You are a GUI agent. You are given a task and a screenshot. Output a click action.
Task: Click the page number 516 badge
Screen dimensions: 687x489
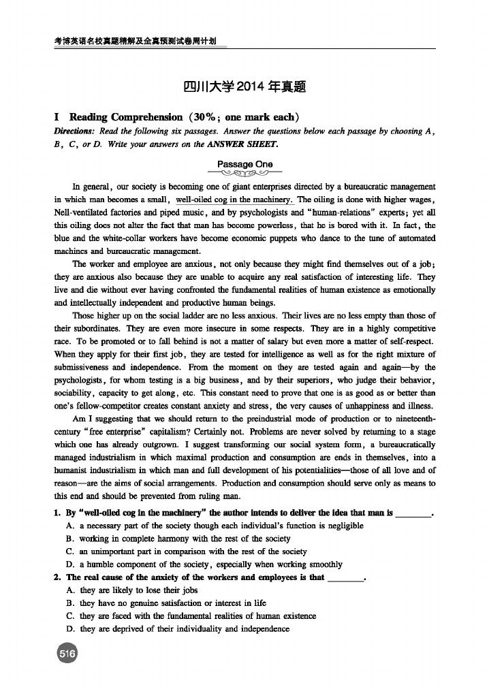[67, 654]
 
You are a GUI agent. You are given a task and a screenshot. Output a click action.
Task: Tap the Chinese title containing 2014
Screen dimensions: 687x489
[244, 87]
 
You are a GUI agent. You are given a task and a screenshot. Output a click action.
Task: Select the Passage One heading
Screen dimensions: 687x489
[245, 164]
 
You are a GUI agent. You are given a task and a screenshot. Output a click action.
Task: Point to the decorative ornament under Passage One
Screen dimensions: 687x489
[245, 173]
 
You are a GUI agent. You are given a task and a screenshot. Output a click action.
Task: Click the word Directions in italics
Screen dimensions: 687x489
[75, 130]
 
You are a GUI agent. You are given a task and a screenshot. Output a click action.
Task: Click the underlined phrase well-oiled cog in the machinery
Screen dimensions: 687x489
[234, 199]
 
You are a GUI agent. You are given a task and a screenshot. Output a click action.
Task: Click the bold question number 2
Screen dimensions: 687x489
[57, 577]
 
